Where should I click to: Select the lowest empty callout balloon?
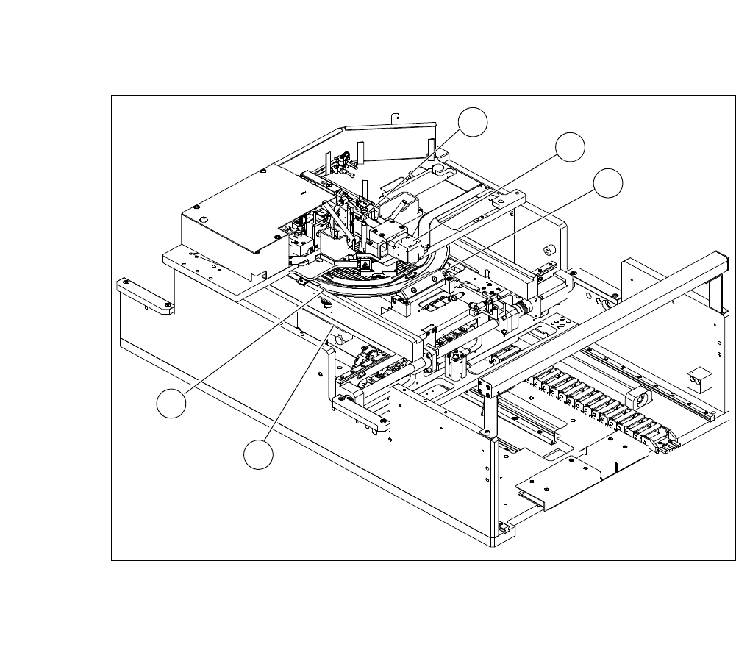pyautogui.click(x=258, y=454)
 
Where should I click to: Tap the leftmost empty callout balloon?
pyautogui.click(x=171, y=405)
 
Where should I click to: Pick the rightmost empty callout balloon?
pyautogui.click(x=608, y=183)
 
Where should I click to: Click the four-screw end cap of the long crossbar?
pyautogui.click(x=485, y=389)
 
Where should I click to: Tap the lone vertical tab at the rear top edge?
pyautogui.click(x=394, y=118)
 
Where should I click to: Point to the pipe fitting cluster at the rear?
pyautogui.click(x=340, y=161)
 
